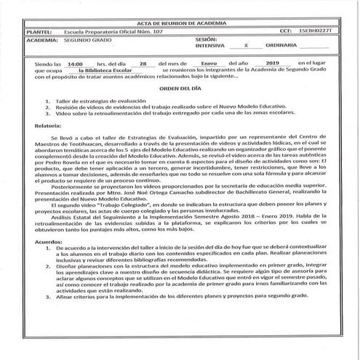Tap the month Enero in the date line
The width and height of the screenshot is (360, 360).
[208, 63]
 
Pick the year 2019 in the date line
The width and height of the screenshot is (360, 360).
[274, 63]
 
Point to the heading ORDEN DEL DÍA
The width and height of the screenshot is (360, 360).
[181, 89]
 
